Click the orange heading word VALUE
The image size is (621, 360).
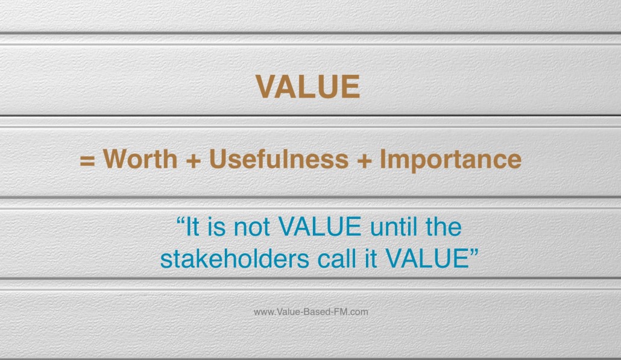click(x=307, y=86)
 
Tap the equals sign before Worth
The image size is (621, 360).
click(x=87, y=161)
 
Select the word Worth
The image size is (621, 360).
click(x=140, y=159)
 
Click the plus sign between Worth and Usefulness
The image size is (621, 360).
click(x=194, y=161)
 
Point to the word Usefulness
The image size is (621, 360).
click(x=279, y=159)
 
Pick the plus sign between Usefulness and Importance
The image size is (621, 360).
click(x=364, y=161)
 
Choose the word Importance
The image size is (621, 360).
click(x=451, y=160)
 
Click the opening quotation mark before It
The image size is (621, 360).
click(x=181, y=221)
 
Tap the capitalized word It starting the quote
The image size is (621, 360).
click(x=192, y=226)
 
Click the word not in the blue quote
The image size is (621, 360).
click(x=251, y=227)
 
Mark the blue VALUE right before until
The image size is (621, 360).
click(x=320, y=226)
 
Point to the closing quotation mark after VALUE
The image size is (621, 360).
click(x=474, y=252)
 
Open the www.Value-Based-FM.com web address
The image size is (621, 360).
click(x=311, y=312)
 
